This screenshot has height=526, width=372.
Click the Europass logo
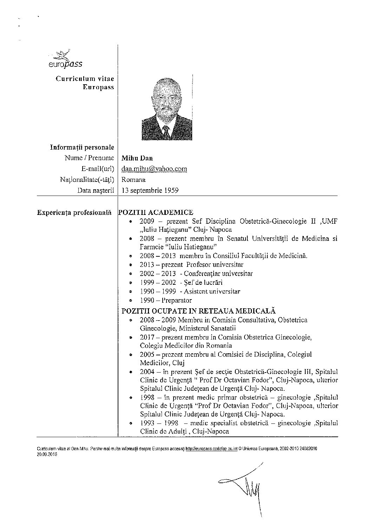click(x=65, y=59)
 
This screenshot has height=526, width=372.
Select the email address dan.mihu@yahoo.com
click(x=154, y=169)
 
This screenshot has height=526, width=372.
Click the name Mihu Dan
click(x=137, y=158)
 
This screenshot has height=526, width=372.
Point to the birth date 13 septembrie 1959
click(x=150, y=191)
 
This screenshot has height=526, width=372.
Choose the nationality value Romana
click(x=133, y=180)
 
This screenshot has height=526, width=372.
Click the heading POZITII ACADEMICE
click(x=156, y=212)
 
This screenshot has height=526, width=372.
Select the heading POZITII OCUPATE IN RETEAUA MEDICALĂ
click(x=198, y=311)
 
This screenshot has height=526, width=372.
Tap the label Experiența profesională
click(x=74, y=212)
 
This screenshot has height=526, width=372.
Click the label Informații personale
click(x=82, y=147)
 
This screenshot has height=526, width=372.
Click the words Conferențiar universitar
click(x=218, y=274)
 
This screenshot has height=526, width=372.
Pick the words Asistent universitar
click(x=212, y=291)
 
